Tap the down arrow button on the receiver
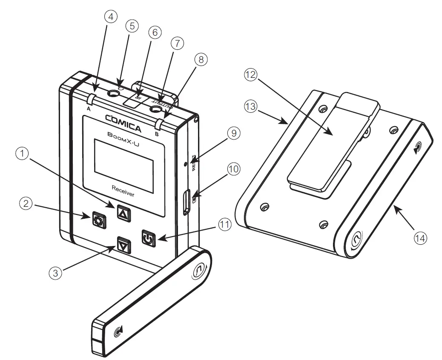coord(123,246)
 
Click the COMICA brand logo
coord(123,118)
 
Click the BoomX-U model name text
coord(123,135)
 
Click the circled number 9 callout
coord(233,133)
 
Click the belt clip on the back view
coord(332,140)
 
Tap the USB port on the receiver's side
coord(186,203)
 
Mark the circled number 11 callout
coord(224,225)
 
